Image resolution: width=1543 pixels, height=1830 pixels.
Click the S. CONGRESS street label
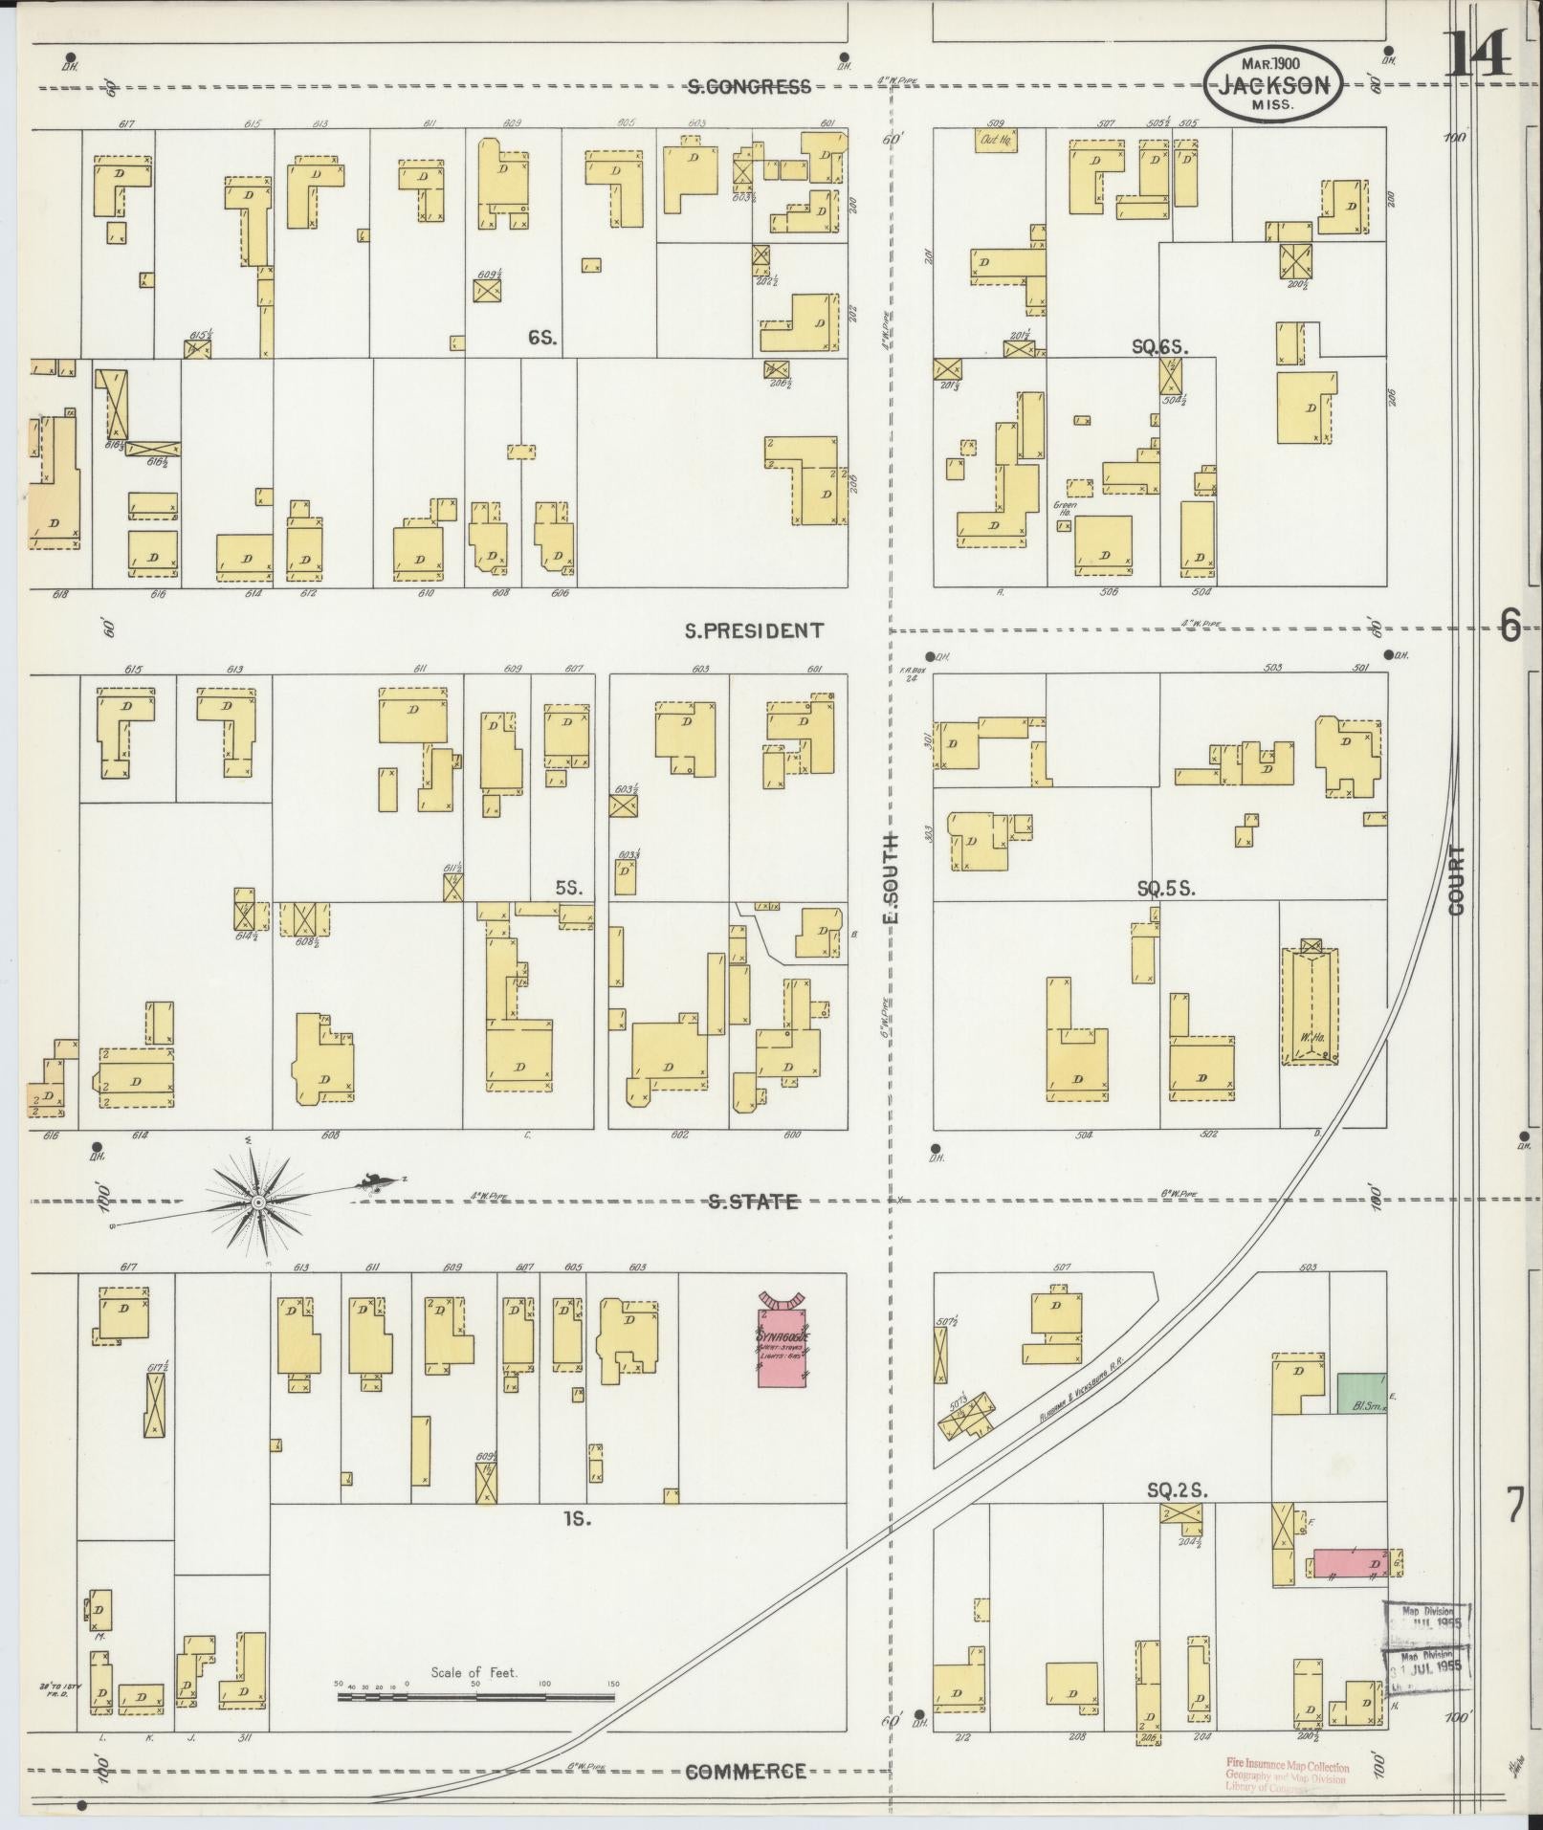click(749, 87)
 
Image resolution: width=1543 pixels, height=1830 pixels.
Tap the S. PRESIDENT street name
click(754, 630)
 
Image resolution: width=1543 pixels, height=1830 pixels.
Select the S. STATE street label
click(753, 1202)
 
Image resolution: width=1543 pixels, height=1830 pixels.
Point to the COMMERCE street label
click(745, 1772)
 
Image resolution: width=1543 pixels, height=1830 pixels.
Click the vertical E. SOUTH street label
click(892, 878)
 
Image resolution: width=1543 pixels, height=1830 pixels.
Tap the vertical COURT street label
click(1457, 880)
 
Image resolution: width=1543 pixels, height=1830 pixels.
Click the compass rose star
click(258, 1200)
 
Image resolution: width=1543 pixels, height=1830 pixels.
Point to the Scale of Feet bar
click(475, 1698)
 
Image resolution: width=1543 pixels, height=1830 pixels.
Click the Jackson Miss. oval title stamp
click(1272, 85)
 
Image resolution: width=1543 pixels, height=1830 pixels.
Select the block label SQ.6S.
click(1159, 348)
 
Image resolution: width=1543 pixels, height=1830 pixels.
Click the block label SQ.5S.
click(1166, 889)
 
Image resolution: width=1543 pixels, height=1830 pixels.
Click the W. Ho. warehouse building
click(1309, 1006)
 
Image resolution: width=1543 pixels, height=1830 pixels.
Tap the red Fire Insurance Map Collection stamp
click(1287, 1775)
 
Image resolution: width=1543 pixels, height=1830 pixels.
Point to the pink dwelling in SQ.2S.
click(1349, 1564)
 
